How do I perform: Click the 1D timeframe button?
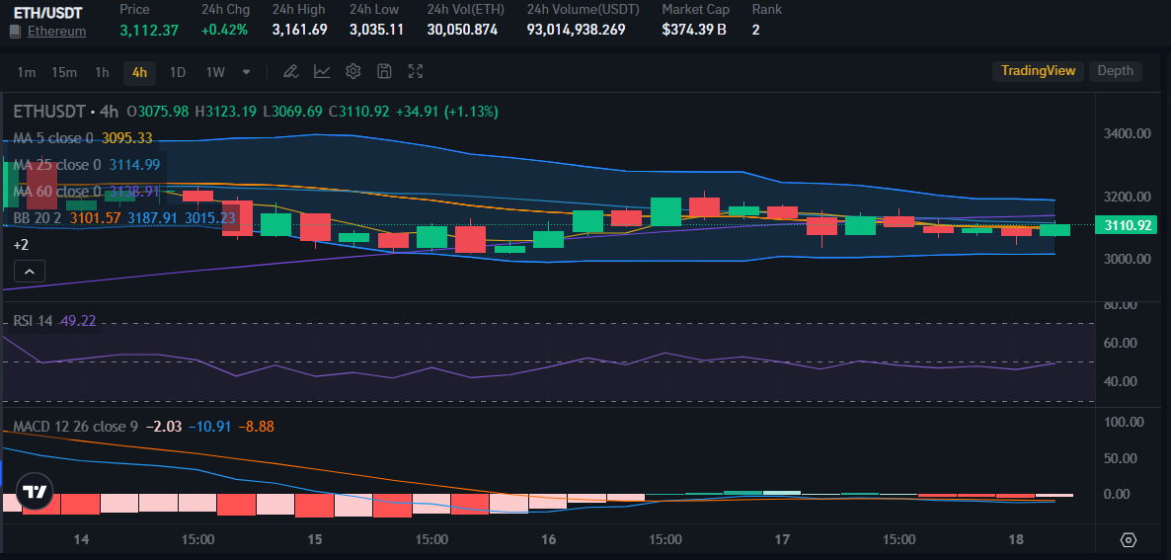[178, 72]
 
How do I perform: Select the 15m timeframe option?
[64, 72]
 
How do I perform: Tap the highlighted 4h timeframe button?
[139, 72]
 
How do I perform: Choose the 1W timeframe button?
[215, 72]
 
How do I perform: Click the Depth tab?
[1115, 71]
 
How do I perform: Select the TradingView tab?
[1038, 71]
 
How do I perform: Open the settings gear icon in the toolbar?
[353, 71]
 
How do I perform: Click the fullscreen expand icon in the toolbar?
[416, 71]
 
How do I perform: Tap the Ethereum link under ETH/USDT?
[56, 31]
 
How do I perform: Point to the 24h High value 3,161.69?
[299, 30]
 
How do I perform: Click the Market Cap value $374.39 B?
[694, 30]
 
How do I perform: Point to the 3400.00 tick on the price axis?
[1127, 133]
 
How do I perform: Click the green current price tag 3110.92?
[1129, 225]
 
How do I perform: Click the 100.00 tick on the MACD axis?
[1124, 422]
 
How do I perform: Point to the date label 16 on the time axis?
[549, 540]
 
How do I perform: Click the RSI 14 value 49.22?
[77, 321]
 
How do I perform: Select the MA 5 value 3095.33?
[126, 138]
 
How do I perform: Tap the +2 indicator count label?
[21, 244]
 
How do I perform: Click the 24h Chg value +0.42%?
[225, 30]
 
